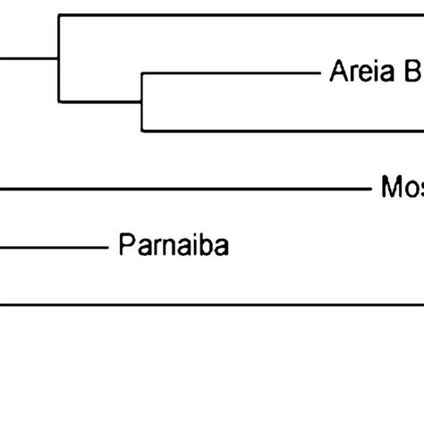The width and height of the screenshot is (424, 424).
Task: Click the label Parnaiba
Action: (x=173, y=245)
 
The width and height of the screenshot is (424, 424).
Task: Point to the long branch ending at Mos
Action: (x=179, y=189)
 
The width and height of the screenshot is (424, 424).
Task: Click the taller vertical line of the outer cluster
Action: (x=59, y=57)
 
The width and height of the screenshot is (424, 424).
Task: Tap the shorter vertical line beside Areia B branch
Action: (x=142, y=102)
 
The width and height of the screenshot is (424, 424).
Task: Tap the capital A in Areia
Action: (x=339, y=72)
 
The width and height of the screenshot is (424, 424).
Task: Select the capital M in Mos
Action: (x=391, y=188)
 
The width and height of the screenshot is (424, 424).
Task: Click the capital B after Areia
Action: (x=414, y=72)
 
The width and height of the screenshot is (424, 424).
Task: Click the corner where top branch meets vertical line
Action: (x=59, y=15)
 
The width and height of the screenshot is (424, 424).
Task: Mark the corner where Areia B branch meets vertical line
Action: (x=142, y=73)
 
